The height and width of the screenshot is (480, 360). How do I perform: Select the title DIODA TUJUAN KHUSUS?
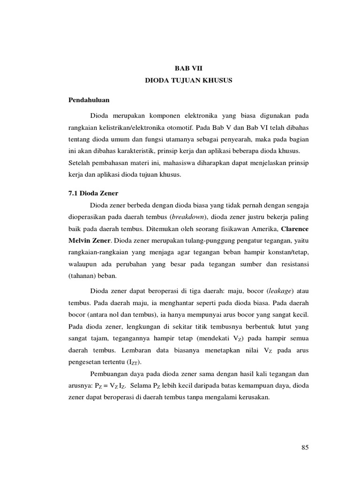pos(188,81)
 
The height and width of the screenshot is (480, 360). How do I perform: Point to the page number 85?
pos(305,447)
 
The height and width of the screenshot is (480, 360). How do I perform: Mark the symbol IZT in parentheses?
pos(134,363)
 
